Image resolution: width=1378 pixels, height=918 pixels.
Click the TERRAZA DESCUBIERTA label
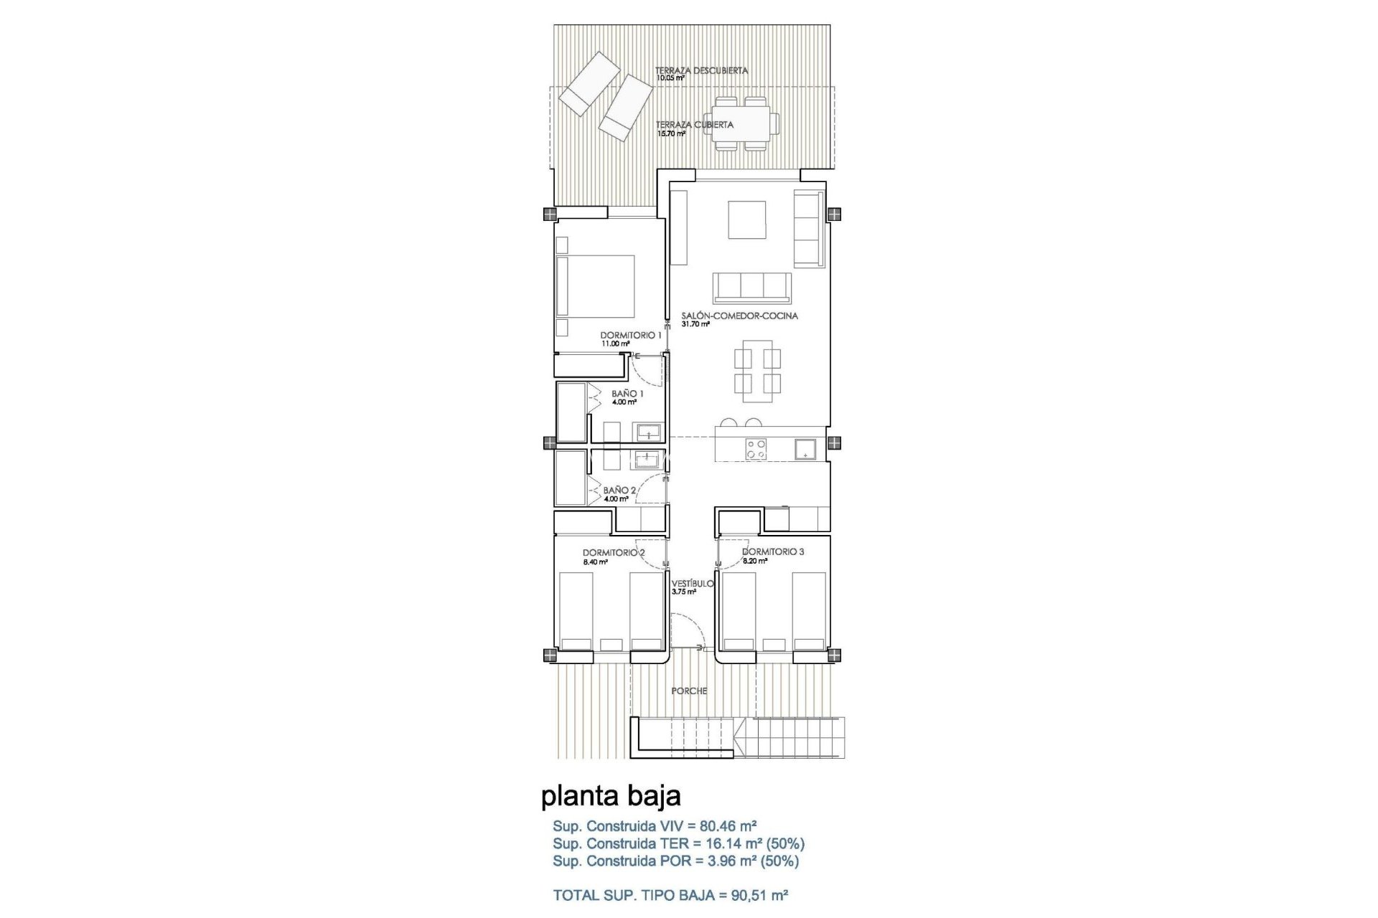tap(701, 71)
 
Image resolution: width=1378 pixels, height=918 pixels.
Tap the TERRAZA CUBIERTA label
tap(694, 125)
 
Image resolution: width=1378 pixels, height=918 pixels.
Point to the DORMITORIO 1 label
tap(631, 335)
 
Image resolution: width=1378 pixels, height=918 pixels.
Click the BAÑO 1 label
tap(627, 394)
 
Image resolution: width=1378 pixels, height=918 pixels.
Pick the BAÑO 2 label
tap(619, 491)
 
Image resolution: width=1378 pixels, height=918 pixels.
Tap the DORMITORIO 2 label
tap(614, 553)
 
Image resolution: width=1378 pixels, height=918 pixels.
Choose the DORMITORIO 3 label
tap(773, 552)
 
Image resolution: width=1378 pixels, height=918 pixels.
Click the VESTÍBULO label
tap(693, 584)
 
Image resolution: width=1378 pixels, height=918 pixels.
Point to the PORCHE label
tap(689, 691)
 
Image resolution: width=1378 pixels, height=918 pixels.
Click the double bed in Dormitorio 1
tap(596, 296)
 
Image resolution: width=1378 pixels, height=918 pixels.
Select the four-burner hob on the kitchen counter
tap(756, 450)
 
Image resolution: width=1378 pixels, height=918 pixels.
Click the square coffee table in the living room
tap(747, 219)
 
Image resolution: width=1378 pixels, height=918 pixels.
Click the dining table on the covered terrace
tap(741, 123)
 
